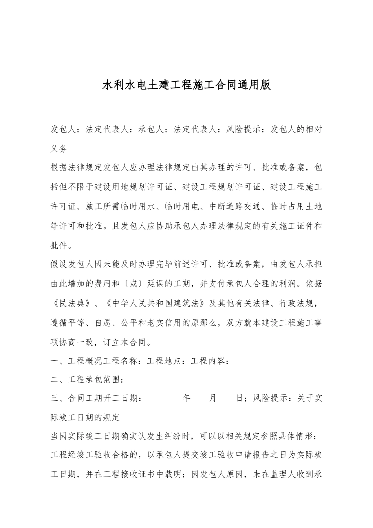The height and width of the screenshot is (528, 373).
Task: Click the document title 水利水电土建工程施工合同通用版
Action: coord(186,85)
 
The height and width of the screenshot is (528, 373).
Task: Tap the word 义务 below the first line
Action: coord(59,149)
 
